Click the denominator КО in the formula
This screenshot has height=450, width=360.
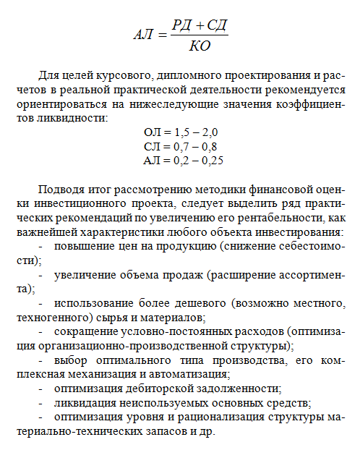click(x=199, y=47)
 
